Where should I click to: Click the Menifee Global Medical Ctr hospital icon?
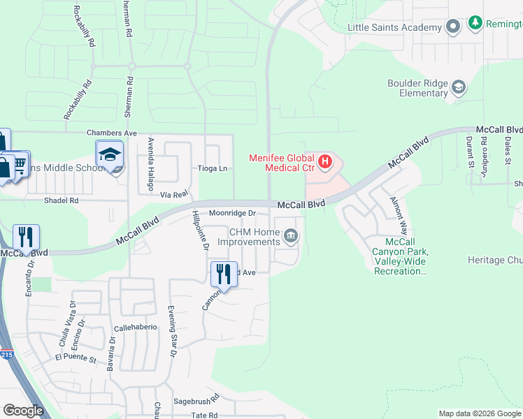click(325, 163)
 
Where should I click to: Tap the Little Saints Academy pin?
click(453, 27)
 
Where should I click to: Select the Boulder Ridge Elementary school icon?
click(459, 87)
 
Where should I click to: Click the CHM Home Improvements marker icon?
click(291, 237)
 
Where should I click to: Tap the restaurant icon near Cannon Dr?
click(224, 273)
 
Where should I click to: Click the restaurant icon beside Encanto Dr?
click(26, 237)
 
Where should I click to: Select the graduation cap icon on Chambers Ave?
click(109, 154)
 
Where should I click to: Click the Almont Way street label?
click(399, 214)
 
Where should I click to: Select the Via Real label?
click(174, 193)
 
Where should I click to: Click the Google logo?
click(24, 411)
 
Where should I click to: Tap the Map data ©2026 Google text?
click(479, 413)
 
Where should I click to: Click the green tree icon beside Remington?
click(476, 23)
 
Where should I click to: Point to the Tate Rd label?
click(205, 415)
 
